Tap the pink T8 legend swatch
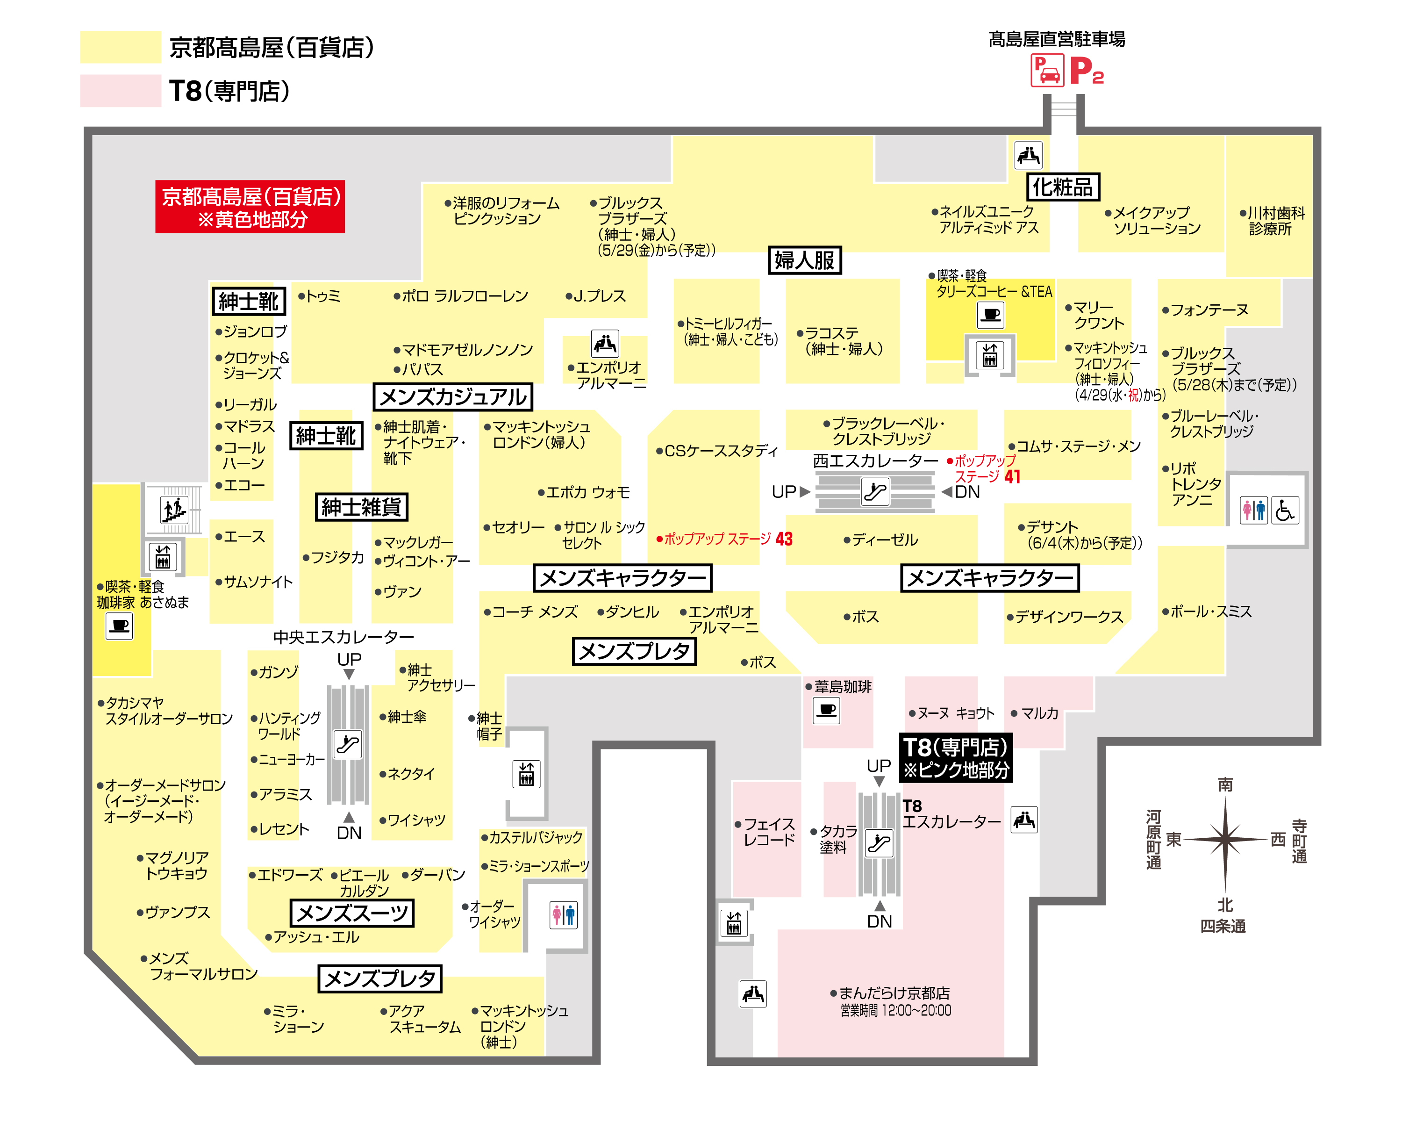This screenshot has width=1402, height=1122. click(x=120, y=90)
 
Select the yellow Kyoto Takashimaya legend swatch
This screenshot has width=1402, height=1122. click(x=120, y=47)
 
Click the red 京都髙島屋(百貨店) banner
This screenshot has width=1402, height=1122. click(x=250, y=207)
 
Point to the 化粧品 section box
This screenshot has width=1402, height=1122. click(x=1063, y=187)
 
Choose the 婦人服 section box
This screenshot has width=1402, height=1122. click(x=804, y=260)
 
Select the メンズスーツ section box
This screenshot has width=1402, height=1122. click(x=352, y=913)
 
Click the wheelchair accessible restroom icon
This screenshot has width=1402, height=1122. click(x=1284, y=510)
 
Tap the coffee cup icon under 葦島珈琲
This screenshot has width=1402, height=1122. click(x=827, y=710)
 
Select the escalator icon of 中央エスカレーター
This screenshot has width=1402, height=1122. click(x=347, y=743)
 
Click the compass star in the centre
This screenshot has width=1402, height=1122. click(x=1225, y=839)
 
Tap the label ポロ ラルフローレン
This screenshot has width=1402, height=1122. click(x=462, y=296)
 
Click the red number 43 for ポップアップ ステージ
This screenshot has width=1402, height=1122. click(x=784, y=539)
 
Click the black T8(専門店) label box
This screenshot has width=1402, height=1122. click(x=956, y=758)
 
